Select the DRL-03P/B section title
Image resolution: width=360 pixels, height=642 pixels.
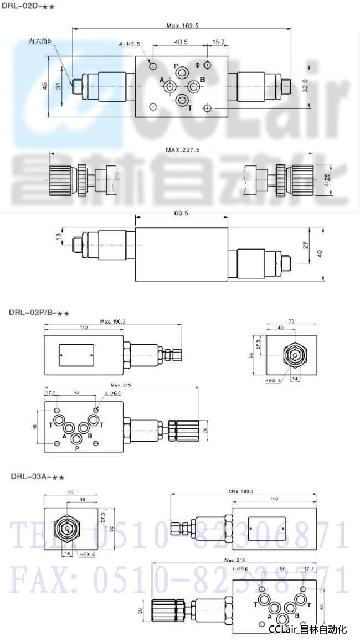point(39,313)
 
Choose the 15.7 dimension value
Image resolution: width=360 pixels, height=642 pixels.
point(218,42)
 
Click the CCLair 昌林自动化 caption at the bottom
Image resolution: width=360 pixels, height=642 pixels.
point(307,629)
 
